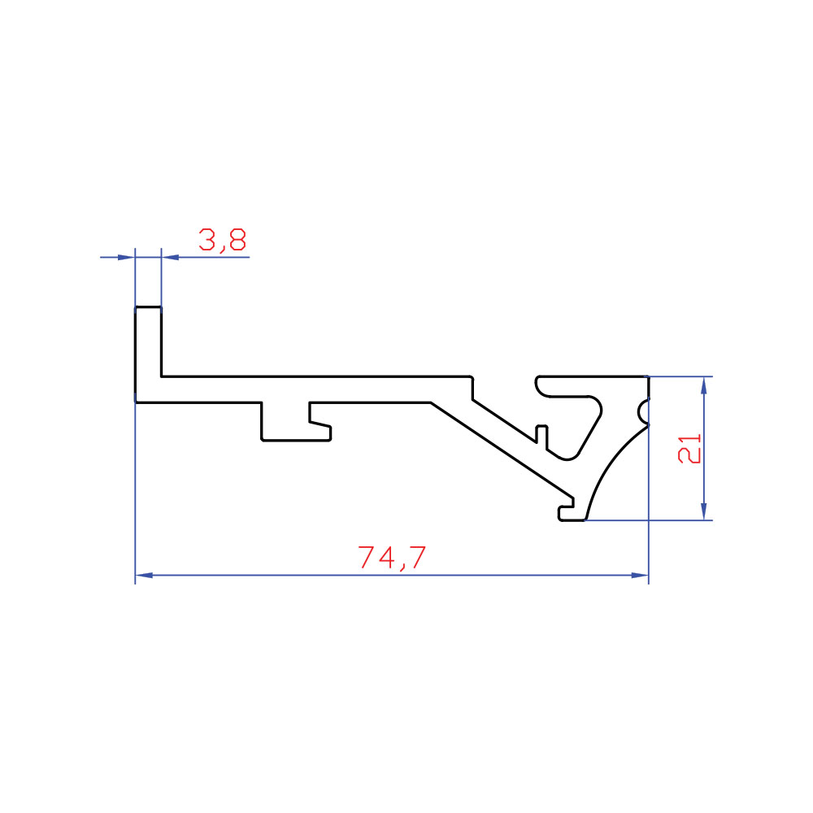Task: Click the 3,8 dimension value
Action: click(x=223, y=240)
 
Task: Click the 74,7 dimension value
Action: click(x=392, y=557)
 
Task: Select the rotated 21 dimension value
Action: click(x=689, y=449)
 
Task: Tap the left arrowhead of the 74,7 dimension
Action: click(x=144, y=575)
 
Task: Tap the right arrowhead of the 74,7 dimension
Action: click(x=640, y=575)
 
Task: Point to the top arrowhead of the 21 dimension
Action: click(x=703, y=385)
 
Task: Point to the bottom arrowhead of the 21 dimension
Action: click(x=703, y=511)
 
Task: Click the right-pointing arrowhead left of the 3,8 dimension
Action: click(x=127, y=257)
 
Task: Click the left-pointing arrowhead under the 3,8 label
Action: click(x=170, y=257)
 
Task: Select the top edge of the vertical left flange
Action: click(x=148, y=307)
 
